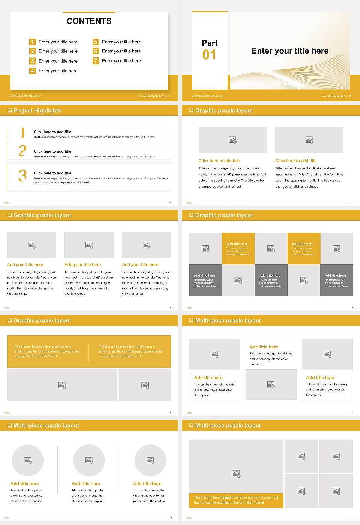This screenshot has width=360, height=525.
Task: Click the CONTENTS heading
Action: click(x=89, y=21)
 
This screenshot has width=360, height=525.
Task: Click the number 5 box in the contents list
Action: click(x=96, y=42)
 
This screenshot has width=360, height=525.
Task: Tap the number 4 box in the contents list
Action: click(x=33, y=70)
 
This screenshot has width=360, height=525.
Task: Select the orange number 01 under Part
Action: click(x=209, y=55)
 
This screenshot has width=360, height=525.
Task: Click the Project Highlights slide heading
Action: click(x=37, y=110)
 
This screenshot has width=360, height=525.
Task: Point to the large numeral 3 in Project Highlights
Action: click(x=22, y=175)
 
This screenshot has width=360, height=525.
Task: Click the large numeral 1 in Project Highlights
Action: click(x=22, y=133)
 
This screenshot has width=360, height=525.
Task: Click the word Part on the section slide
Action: click(x=210, y=43)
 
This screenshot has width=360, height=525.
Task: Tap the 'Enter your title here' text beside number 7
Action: click(x=121, y=61)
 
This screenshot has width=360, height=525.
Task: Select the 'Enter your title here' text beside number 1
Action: click(x=58, y=42)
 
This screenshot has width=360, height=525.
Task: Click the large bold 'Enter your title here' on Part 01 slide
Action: click(x=290, y=51)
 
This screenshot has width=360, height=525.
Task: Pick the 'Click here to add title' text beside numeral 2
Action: click(x=52, y=151)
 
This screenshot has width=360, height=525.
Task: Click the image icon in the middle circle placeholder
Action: click(x=89, y=460)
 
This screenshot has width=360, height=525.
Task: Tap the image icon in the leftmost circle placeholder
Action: click(x=28, y=460)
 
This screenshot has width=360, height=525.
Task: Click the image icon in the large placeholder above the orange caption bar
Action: click(x=236, y=474)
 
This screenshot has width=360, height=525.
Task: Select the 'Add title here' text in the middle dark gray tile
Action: click(x=270, y=275)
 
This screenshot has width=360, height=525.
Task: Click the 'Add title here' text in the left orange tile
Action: click(x=237, y=244)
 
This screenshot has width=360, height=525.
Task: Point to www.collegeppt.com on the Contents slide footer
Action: click(x=152, y=96)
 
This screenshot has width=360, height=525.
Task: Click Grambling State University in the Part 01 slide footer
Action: click(x=207, y=96)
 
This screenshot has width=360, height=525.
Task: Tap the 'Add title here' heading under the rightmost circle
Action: click(x=147, y=484)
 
